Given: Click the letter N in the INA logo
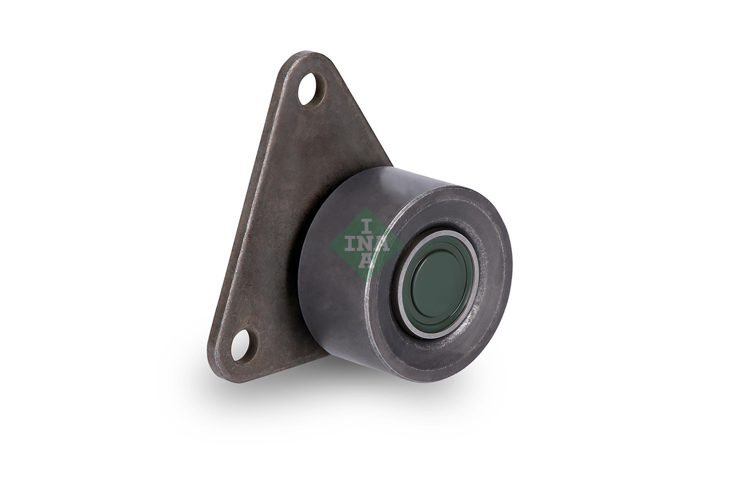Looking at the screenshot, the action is [x=366, y=244].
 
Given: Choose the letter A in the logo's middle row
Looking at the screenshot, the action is [x=382, y=244].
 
